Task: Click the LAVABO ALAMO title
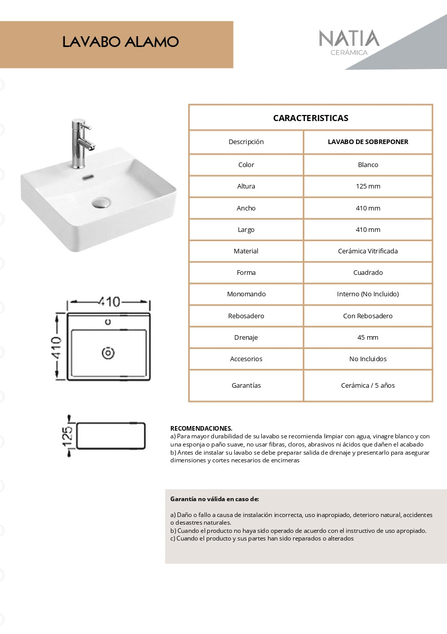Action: tap(120, 42)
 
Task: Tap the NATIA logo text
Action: tap(349, 39)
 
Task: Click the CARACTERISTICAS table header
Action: tap(310, 118)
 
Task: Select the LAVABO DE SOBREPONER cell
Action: tap(368, 142)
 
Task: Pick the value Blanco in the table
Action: tap(368, 165)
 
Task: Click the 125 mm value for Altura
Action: tap(368, 186)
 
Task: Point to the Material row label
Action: tap(246, 251)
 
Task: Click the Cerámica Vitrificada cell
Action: tap(368, 251)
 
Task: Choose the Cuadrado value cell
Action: tap(368, 273)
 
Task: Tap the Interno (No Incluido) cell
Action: tap(368, 294)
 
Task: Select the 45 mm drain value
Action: tap(368, 338)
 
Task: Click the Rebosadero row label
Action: tap(246, 316)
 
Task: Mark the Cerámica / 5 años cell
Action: tap(368, 386)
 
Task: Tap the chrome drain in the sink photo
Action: tap(101, 202)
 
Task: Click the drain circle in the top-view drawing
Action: tap(108, 353)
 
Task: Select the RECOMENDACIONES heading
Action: tap(201, 428)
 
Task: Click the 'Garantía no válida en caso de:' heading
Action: tap(214, 499)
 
